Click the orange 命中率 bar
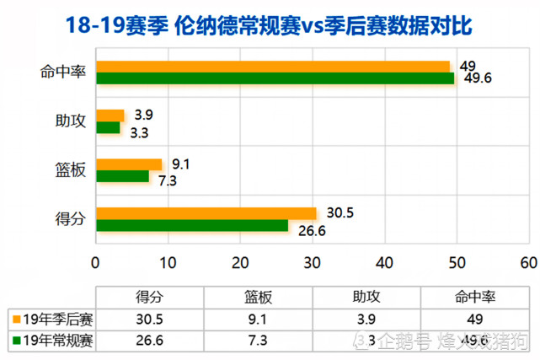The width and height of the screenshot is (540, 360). point(273,67)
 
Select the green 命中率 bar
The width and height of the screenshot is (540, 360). point(275,78)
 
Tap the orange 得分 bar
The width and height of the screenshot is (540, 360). point(206,213)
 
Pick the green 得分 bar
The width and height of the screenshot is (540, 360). point(192,225)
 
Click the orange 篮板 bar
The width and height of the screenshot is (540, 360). point(129,164)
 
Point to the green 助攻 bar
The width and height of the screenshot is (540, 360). point(109,127)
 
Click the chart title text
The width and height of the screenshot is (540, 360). point(269,26)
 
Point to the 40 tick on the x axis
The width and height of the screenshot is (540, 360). point(385,262)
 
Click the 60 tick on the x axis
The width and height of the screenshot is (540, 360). point(528,262)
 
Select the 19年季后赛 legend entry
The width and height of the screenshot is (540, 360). point(52,319)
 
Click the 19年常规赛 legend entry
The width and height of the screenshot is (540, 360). point(52,340)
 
